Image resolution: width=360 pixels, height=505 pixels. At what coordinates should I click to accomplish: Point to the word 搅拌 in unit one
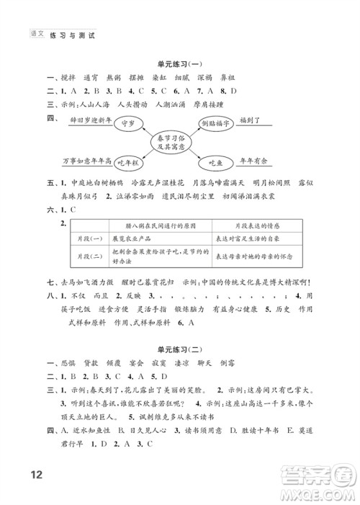69,77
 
